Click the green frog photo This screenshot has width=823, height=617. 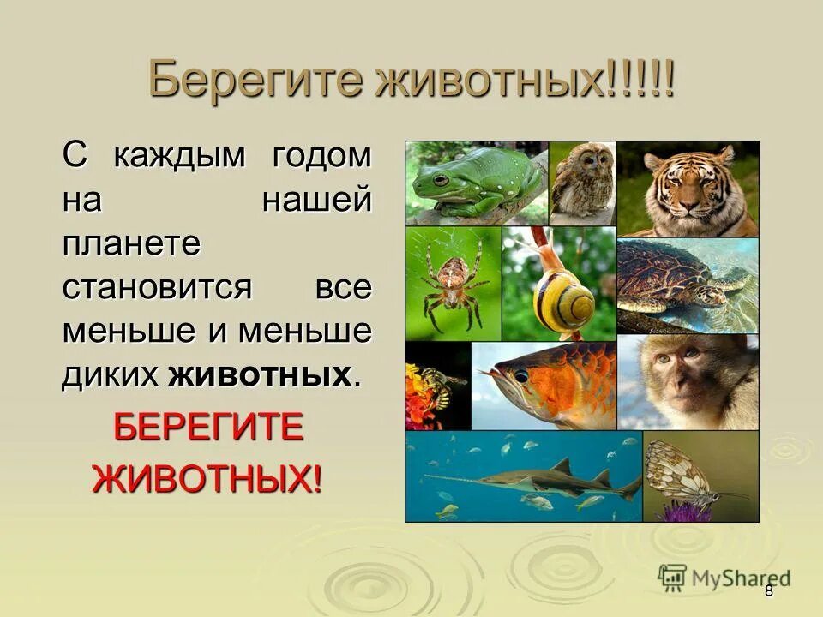click(476, 183)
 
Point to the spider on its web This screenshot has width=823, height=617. click(451, 281)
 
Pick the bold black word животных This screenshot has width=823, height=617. click(261, 374)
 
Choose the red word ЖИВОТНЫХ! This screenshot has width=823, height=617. click(208, 476)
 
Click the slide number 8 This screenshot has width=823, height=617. click(769, 590)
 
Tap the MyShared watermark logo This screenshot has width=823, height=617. click(724, 578)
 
